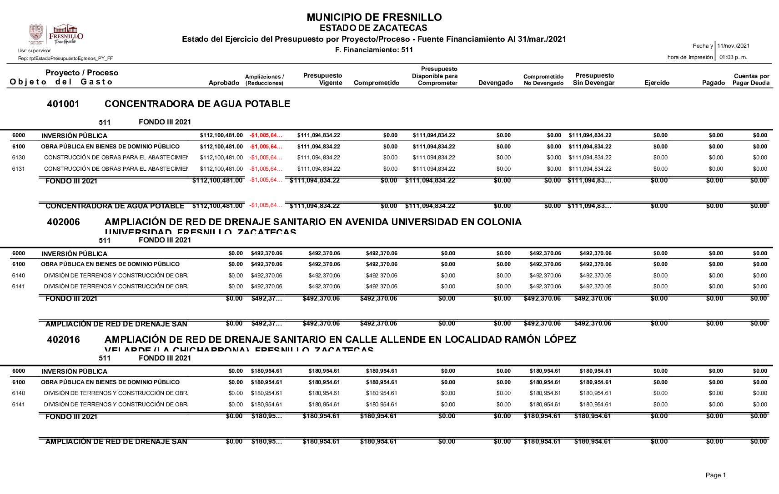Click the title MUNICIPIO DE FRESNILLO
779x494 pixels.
374,17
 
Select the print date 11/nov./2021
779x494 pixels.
733,46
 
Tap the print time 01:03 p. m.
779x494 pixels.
733,57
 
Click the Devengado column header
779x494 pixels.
495,83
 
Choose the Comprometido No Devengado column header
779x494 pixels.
543,80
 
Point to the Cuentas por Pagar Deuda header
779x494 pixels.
751,79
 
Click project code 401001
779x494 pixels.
63,104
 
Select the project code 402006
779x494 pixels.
63,222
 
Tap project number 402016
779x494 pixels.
63,340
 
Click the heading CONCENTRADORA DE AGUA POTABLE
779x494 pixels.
197,104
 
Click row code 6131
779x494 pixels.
19,169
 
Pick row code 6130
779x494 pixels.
19,158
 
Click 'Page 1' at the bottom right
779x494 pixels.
715,475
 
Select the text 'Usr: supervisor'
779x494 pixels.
35,51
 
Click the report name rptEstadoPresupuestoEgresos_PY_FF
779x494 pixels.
65,59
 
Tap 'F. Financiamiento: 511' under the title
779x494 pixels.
374,50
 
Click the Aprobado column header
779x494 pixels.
224,83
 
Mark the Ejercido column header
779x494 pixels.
657,83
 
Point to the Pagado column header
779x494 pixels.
713,83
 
